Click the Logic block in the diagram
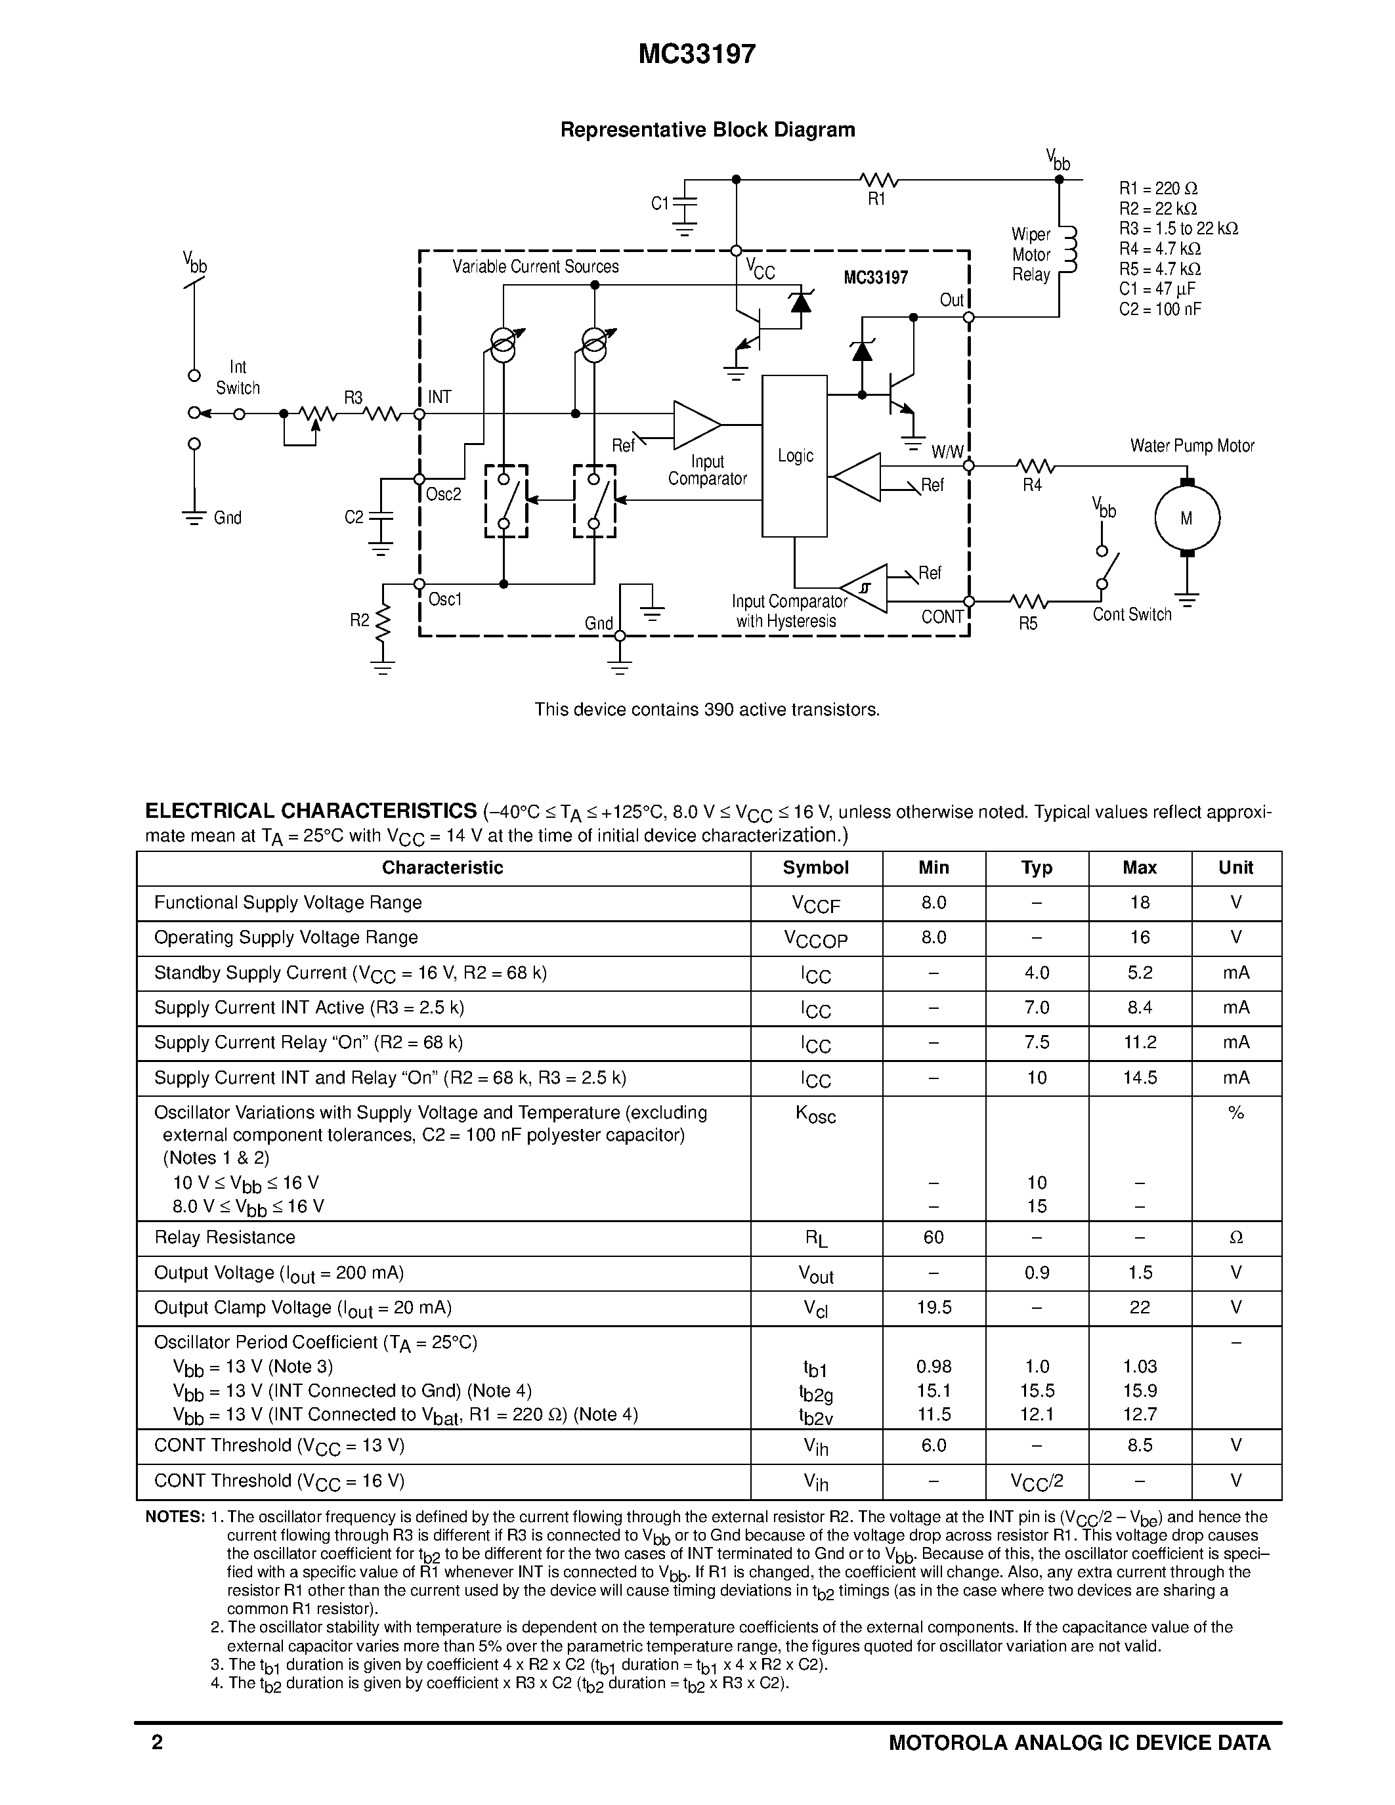point(794,456)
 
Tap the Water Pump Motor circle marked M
point(1187,518)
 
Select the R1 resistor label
point(877,199)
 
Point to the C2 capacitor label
point(354,517)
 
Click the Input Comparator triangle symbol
point(696,425)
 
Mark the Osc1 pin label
point(444,599)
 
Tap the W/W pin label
point(947,452)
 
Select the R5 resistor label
point(1027,623)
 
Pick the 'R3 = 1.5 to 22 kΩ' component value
point(1178,229)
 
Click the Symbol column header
point(816,868)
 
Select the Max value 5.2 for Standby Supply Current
point(1140,973)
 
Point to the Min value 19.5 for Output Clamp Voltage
point(934,1307)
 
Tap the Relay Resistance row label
point(225,1237)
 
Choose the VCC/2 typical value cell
point(1037,1481)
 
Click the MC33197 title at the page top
point(697,54)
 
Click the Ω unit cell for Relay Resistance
point(1235,1237)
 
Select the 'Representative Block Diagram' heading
point(708,130)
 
